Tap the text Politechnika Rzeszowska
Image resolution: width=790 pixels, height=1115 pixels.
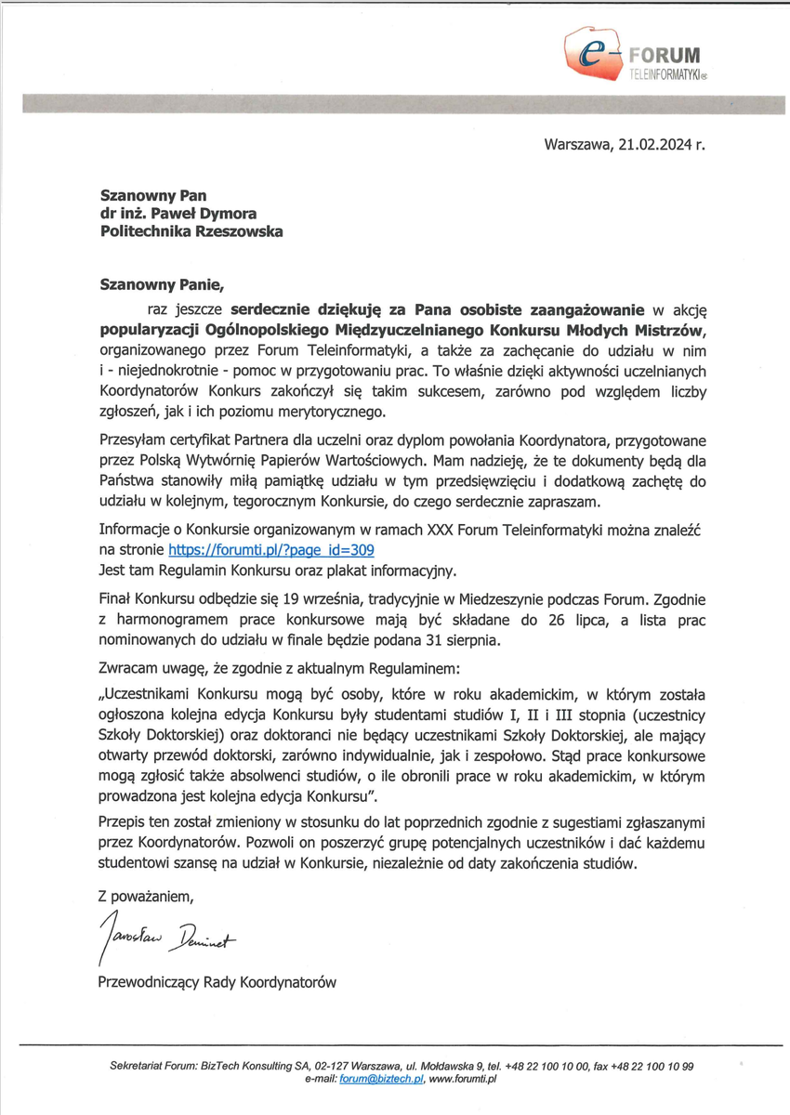tap(191, 232)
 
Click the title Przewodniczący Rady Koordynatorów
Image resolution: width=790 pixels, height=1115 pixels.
tap(217, 981)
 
